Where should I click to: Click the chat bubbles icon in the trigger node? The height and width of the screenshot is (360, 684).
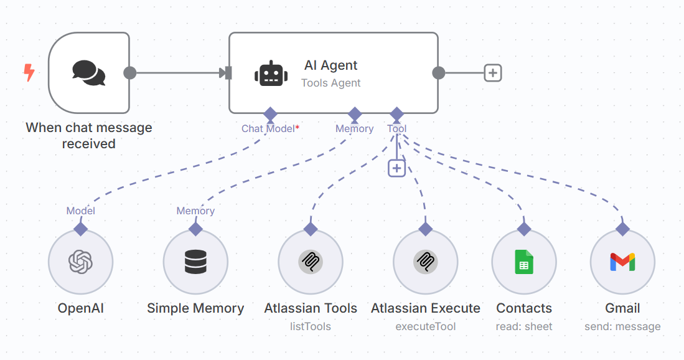click(x=88, y=73)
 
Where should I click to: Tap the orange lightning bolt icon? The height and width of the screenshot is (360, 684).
click(x=29, y=73)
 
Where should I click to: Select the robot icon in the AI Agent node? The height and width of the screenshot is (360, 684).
click(x=271, y=73)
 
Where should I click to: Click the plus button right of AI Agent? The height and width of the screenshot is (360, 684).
click(x=493, y=73)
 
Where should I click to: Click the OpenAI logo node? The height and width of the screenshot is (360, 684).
click(x=80, y=262)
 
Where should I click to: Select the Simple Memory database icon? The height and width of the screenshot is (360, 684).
click(x=195, y=262)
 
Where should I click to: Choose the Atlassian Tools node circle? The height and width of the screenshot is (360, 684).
click(x=311, y=262)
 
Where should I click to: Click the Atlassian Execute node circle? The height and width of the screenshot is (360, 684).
click(x=426, y=262)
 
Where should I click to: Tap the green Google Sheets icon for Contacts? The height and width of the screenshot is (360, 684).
click(x=524, y=262)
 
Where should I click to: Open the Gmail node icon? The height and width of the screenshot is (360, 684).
click(x=622, y=262)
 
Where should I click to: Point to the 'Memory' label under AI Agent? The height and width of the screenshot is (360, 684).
click(x=354, y=129)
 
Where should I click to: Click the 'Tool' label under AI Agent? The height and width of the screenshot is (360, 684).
click(x=396, y=129)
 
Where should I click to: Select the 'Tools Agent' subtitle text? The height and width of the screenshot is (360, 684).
click(x=330, y=83)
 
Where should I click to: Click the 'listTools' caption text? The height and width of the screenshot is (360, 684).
click(x=311, y=326)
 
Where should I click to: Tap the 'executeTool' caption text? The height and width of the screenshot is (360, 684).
click(x=426, y=326)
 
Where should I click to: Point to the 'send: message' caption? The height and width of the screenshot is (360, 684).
click(x=622, y=326)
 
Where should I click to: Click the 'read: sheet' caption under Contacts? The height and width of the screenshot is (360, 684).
click(x=524, y=326)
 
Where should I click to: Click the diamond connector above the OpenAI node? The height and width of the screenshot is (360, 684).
click(x=80, y=229)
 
